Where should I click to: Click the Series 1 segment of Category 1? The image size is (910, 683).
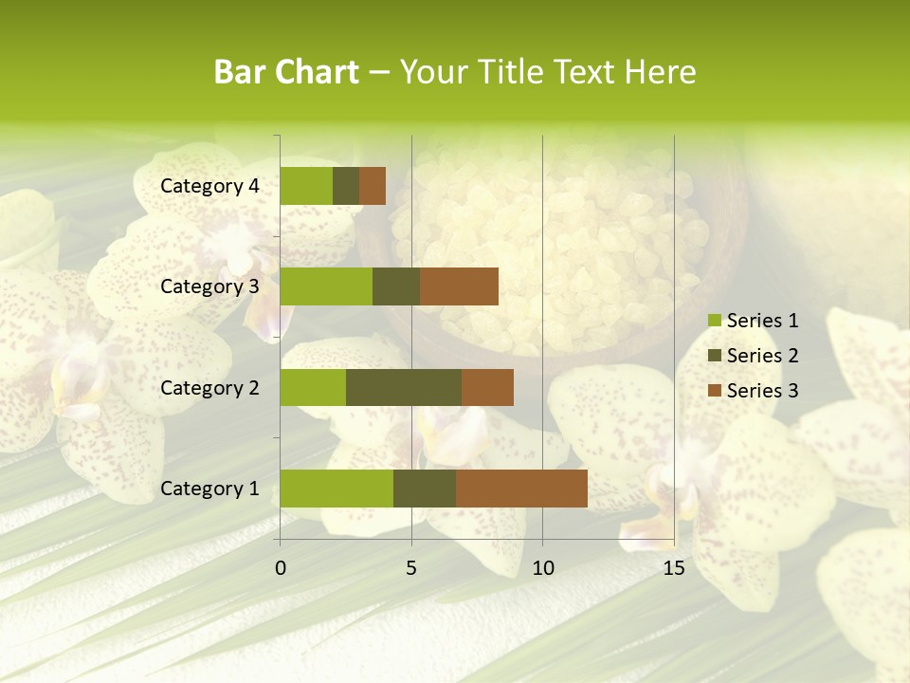pos(337,489)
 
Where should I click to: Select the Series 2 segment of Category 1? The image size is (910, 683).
pos(425,489)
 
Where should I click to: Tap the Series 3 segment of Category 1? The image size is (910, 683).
pos(521,489)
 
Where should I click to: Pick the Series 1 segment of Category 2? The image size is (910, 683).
pos(313,387)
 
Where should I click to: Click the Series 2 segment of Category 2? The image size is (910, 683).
pos(404,387)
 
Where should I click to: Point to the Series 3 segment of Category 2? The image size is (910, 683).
pos(487,387)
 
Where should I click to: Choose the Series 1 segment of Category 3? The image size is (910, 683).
pos(326,286)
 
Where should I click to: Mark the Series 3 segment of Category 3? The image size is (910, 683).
pos(459,286)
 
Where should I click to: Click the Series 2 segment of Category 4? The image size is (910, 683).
pos(346,186)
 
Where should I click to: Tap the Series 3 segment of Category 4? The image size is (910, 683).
pos(373,186)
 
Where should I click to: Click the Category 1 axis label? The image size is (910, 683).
pos(209,489)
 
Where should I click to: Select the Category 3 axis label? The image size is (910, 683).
pos(209,286)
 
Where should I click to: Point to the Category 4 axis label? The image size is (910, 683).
pos(209,186)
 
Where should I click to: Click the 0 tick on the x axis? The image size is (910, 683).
pos(281,568)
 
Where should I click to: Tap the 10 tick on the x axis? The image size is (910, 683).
pos(542,568)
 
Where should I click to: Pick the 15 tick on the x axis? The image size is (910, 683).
pos(673,568)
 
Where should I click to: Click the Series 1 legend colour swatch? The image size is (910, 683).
pos(714,321)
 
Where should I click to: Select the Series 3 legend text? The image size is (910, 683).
pos(762,391)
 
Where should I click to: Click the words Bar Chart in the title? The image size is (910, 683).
pos(286,72)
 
